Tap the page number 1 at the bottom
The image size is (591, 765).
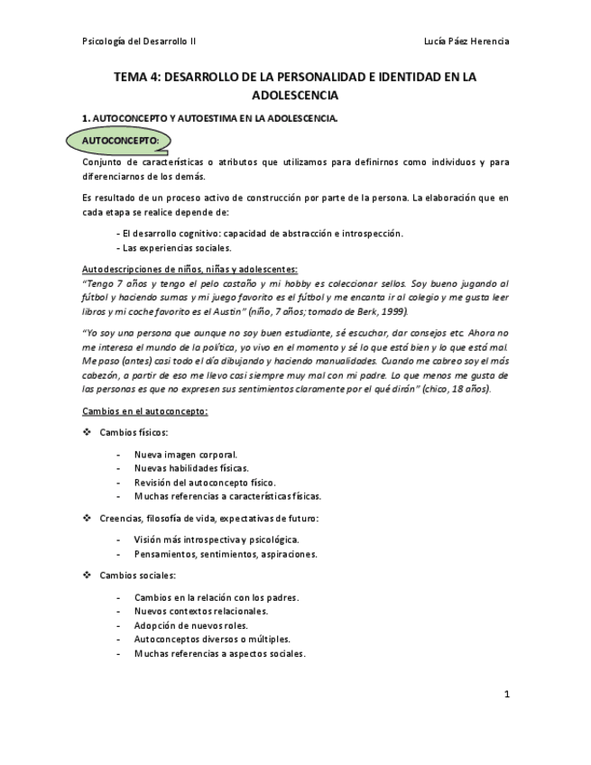(506, 694)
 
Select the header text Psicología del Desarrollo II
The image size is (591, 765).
(139, 41)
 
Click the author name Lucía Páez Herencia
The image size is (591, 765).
(466, 41)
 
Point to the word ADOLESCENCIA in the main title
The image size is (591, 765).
(295, 95)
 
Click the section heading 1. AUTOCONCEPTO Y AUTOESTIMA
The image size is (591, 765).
(209, 118)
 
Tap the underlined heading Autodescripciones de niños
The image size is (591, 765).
(189, 269)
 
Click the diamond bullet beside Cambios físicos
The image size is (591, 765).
(87, 432)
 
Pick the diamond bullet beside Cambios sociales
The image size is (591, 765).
(87, 575)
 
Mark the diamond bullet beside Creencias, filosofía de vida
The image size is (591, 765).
(87, 518)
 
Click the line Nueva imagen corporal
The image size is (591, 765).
(186, 455)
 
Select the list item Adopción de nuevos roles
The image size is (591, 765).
(191, 625)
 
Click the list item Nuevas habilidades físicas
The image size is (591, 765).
(191, 468)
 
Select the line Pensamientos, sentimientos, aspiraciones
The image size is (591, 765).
(226, 554)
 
